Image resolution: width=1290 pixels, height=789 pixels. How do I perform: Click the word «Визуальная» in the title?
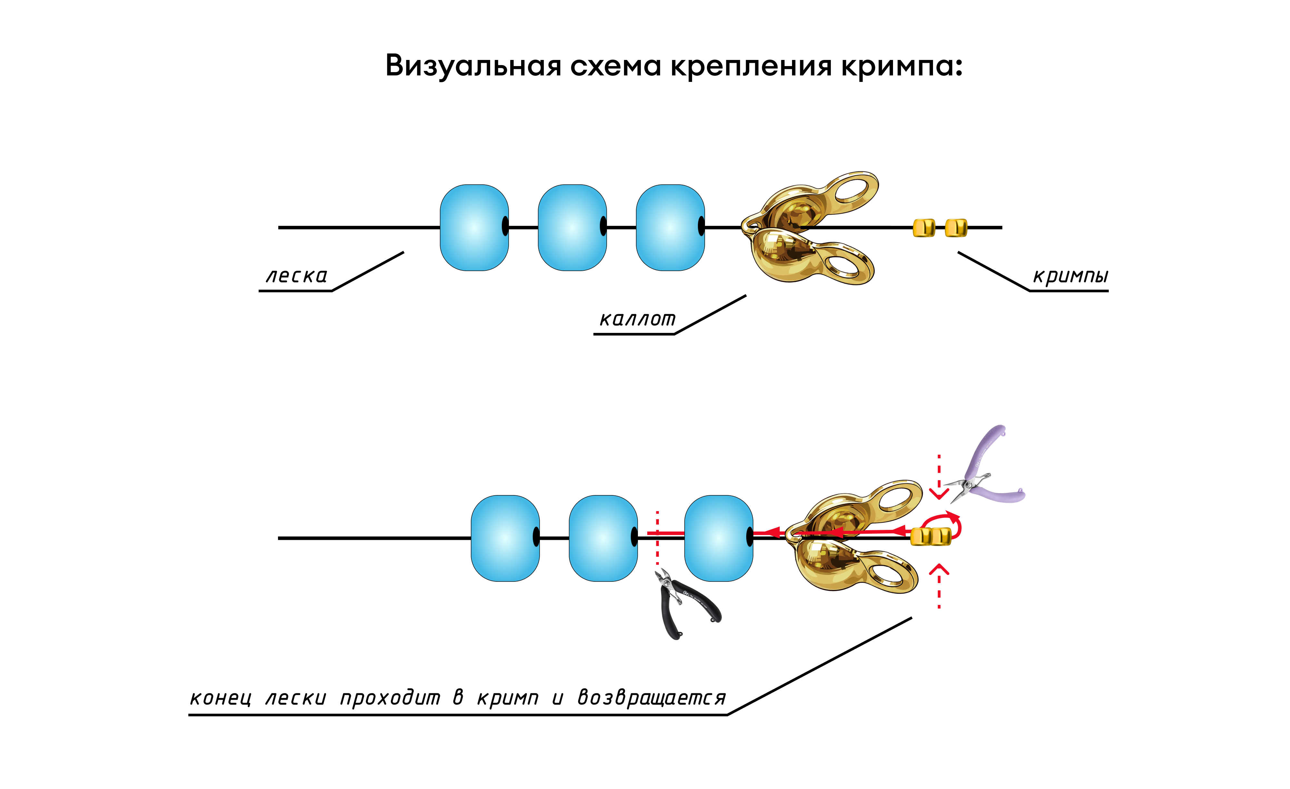[473, 66]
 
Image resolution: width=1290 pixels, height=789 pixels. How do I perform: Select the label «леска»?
[296, 276]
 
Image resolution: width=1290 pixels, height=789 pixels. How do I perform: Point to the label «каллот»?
[637, 319]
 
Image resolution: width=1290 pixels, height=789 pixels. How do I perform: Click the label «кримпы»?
[1070, 276]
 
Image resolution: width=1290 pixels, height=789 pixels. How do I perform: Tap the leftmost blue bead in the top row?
[474, 228]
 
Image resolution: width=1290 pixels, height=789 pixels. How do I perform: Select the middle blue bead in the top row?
[572, 228]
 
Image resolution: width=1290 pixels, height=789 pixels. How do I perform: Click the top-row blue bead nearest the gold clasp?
[670, 228]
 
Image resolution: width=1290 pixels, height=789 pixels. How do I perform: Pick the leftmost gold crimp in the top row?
[924, 228]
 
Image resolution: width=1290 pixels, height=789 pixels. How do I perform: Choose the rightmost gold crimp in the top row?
[956, 228]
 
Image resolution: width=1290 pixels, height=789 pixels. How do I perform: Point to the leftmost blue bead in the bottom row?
[505, 538]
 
